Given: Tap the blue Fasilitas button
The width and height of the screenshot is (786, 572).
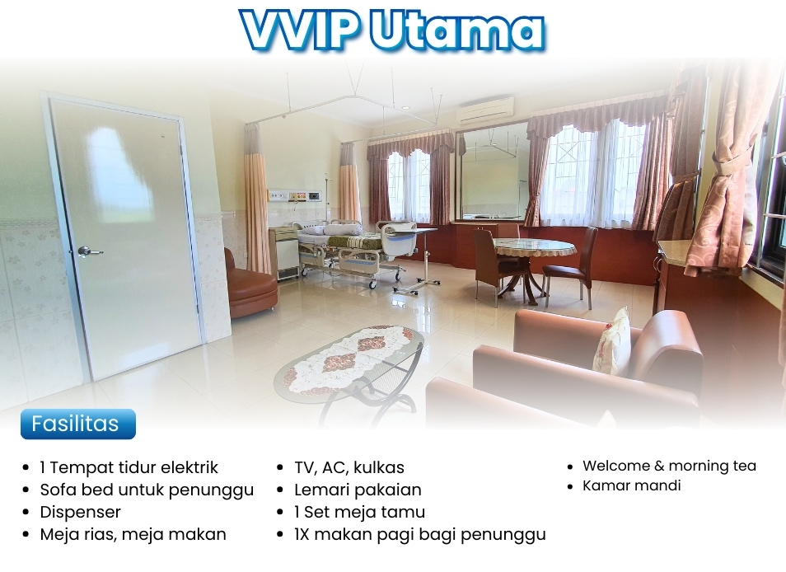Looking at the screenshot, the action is (x=78, y=424).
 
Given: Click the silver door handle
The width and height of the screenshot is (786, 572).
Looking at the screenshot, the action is (x=88, y=251).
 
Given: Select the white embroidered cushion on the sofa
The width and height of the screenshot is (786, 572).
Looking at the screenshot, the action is (x=612, y=341).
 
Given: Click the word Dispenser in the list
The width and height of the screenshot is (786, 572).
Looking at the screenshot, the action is (x=80, y=512).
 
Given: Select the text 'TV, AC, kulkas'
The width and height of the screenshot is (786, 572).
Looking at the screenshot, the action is (x=349, y=467).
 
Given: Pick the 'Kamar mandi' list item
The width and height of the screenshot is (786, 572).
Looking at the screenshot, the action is (x=632, y=485).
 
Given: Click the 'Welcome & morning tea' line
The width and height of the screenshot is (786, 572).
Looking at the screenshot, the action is (x=669, y=466).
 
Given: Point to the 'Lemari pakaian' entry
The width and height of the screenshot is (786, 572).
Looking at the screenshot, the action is (x=358, y=490).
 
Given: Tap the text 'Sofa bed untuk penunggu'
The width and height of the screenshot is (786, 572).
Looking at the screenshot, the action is (x=147, y=490).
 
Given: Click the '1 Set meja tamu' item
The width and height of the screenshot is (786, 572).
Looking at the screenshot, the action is (x=359, y=512).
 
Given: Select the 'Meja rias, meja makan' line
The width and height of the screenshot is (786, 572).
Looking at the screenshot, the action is (x=133, y=534).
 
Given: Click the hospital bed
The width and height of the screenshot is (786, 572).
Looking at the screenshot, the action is (x=351, y=248).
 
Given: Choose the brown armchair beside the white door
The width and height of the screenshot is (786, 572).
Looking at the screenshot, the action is (x=250, y=284).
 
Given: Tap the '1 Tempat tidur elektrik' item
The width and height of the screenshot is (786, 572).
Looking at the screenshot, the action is (x=129, y=467).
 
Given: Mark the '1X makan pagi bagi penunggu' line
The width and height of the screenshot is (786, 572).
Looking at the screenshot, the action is (x=419, y=534).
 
